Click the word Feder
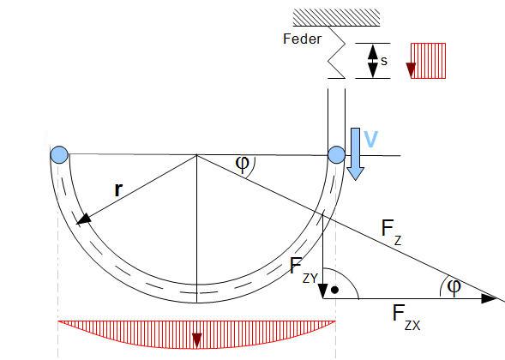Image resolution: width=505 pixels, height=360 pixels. (x=302, y=39)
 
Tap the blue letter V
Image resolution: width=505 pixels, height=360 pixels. (x=370, y=139)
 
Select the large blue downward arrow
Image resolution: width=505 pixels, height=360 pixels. (x=355, y=154)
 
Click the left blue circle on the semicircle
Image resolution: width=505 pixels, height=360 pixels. (x=59, y=154)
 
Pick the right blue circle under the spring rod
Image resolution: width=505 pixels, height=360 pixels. (x=337, y=154)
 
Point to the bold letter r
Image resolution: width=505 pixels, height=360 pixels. (x=118, y=189)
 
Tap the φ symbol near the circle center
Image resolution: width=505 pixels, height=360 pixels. (x=242, y=163)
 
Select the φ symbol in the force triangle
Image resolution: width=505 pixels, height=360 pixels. (x=454, y=287)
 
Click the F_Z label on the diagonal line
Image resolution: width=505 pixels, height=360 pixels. (x=391, y=231)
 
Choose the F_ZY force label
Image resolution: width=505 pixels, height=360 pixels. (x=304, y=271)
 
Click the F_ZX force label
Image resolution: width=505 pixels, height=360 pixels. (x=406, y=317)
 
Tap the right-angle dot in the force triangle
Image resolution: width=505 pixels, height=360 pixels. (x=335, y=290)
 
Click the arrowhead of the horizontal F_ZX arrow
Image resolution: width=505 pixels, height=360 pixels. (x=490, y=298)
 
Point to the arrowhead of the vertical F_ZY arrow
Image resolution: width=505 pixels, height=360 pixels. (x=323, y=291)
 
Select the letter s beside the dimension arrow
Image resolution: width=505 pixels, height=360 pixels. (x=383, y=61)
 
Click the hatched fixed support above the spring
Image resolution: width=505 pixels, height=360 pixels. (x=336, y=17)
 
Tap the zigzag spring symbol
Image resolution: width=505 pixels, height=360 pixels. (x=337, y=52)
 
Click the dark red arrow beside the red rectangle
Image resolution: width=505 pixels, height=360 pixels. (x=411, y=70)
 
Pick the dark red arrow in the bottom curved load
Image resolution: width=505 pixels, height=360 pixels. (x=197, y=341)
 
